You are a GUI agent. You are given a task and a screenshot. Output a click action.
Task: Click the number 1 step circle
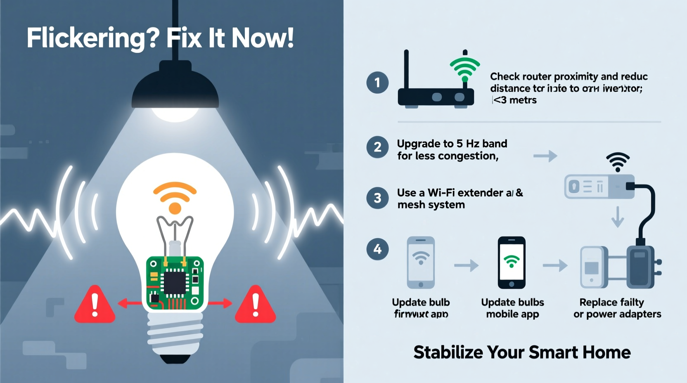377,83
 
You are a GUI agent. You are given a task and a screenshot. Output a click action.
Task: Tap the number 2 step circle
377,147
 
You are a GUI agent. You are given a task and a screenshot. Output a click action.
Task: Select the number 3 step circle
377,198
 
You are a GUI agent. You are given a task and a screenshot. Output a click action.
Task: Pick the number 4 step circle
377,249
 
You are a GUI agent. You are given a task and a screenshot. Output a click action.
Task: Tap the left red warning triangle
95,306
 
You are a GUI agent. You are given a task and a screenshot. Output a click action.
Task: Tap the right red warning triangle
255,306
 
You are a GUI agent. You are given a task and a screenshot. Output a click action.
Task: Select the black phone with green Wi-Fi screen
512,262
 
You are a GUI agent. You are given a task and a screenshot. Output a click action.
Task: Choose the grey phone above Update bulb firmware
421,262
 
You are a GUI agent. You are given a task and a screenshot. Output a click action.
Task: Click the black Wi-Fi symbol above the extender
618,162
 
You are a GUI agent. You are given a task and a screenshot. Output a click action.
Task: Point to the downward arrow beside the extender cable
618,217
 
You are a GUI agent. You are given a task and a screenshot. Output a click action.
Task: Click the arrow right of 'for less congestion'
545,156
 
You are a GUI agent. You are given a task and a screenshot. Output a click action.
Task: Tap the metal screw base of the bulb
175,334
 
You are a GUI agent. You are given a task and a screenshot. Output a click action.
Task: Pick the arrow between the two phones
466,265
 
